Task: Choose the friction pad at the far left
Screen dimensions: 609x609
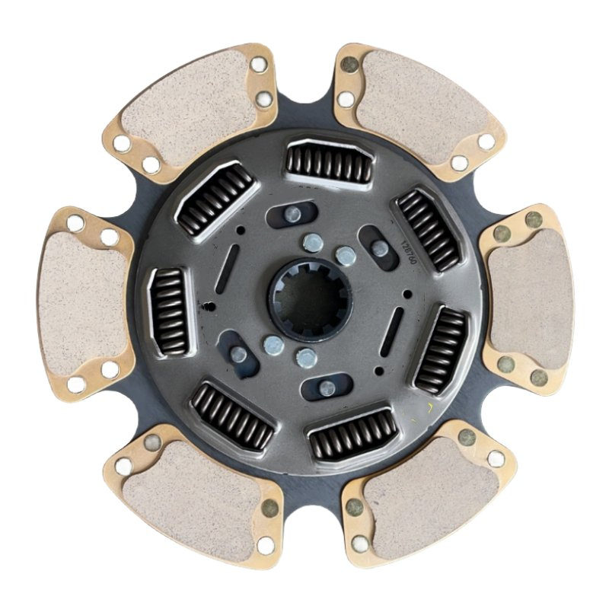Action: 81,297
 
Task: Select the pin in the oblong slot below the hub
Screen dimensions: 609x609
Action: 326,388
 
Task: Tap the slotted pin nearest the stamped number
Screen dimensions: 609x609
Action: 378,247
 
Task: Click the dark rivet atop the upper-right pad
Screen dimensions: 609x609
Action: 349,65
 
